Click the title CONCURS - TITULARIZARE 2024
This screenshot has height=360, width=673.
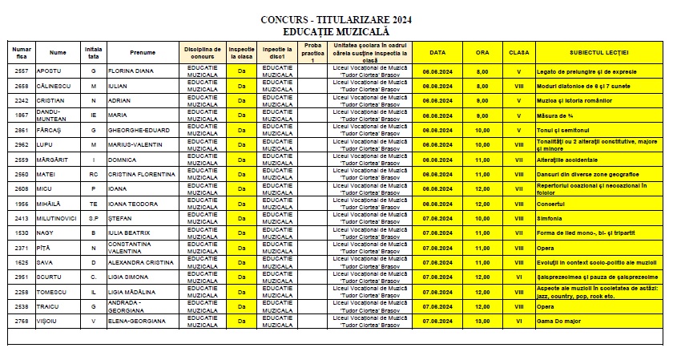click(336, 18)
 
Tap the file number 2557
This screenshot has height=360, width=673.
click(22, 71)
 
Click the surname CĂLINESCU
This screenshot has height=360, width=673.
click(55, 86)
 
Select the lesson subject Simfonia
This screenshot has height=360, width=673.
click(550, 217)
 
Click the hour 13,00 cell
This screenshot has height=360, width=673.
click(482, 321)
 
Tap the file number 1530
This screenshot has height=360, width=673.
click(22, 232)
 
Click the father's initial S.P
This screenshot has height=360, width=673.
click(94, 217)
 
